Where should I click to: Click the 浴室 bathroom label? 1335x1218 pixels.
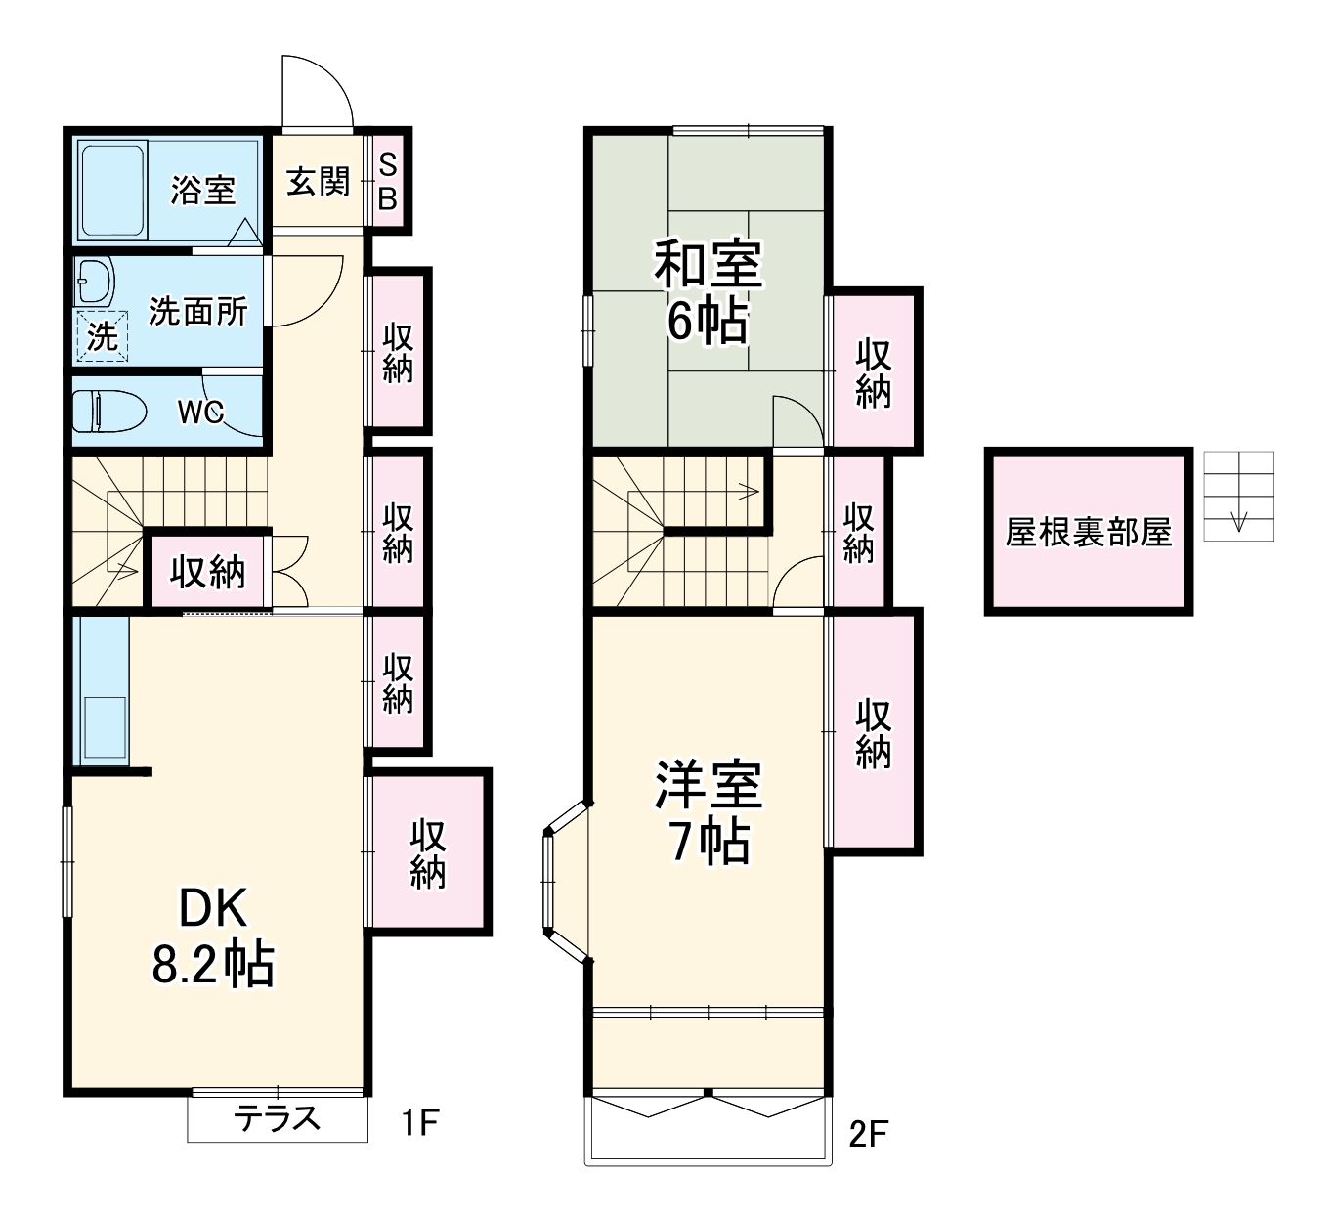point(203,189)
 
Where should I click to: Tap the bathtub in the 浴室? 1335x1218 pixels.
point(112,189)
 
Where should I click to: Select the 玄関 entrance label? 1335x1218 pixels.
point(318,181)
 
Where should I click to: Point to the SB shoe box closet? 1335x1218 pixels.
point(388,182)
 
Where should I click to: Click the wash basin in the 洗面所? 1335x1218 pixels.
point(95,283)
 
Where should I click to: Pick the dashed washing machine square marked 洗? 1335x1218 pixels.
point(102,336)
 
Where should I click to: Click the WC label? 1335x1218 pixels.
point(200,413)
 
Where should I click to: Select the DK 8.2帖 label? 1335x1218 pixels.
point(213,937)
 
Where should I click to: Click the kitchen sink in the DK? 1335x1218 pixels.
point(104,729)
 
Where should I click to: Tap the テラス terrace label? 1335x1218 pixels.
point(278,1117)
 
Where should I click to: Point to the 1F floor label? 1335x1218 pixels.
point(419,1122)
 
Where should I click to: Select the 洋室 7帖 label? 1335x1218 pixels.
point(708,812)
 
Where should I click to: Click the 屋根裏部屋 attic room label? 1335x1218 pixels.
point(1088,533)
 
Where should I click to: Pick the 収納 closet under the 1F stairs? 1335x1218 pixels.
point(207,572)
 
